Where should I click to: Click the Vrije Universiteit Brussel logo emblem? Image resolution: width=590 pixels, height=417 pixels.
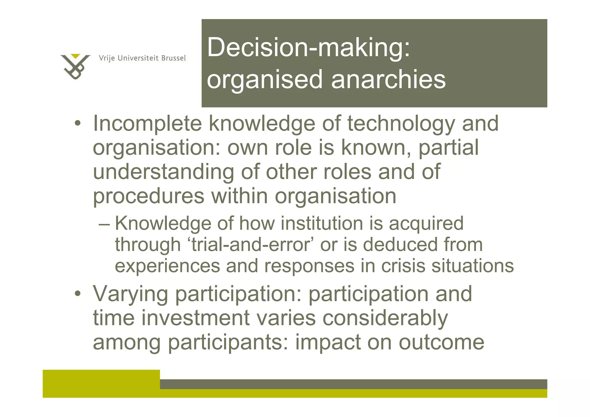coord(75,66)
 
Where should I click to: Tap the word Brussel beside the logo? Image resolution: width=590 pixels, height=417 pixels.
coord(173,58)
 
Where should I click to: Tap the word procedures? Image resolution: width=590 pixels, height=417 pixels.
coord(149,196)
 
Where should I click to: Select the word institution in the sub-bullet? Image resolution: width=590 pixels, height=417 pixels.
coord(322,223)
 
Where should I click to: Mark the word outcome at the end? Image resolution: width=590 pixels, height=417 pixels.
coord(441,342)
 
